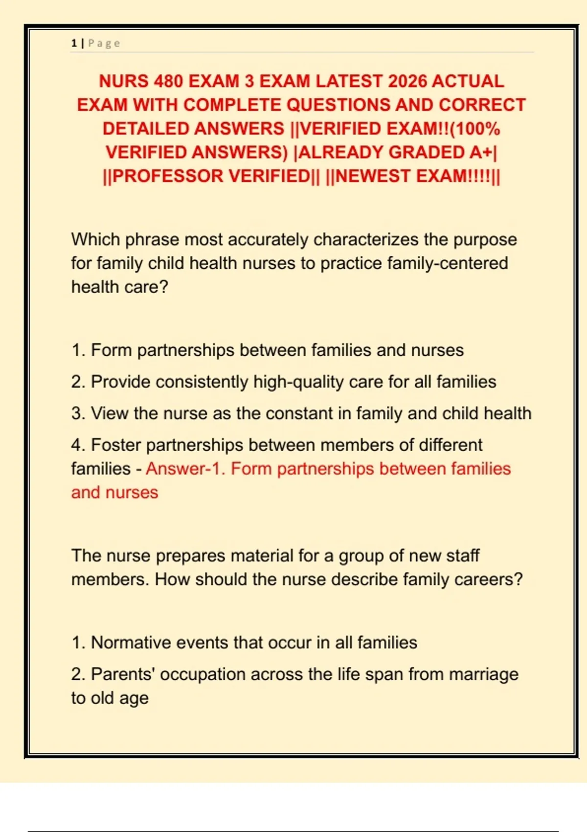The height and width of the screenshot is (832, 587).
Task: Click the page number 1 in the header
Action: click(74, 43)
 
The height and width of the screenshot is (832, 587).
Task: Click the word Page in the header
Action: click(104, 43)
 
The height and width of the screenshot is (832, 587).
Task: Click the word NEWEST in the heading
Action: click(373, 176)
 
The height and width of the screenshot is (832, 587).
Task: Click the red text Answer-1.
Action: click(185, 469)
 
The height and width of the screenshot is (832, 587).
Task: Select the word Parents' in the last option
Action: click(123, 674)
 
